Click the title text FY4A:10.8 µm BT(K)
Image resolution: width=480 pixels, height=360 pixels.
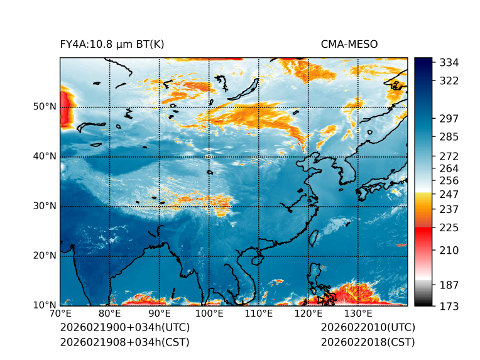(112, 44)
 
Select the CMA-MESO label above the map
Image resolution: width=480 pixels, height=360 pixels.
(349, 44)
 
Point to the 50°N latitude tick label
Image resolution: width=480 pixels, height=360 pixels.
(44, 107)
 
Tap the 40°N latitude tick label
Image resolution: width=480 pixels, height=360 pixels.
(44, 156)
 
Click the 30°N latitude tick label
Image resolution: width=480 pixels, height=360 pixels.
(44, 206)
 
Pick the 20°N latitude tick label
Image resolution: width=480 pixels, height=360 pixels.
(44, 256)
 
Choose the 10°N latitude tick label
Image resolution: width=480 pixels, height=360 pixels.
(44, 305)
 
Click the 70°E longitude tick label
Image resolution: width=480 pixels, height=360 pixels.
(60, 314)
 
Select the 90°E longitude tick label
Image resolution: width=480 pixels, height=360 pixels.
(160, 314)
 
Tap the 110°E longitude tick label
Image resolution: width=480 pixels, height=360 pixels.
(259, 314)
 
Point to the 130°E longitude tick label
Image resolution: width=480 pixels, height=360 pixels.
(358, 314)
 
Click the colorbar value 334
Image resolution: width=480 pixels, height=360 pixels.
(449, 63)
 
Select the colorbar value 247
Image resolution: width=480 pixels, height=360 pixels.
(449, 194)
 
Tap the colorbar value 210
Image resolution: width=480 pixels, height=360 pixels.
(449, 251)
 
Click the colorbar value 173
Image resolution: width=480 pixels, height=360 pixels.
(449, 306)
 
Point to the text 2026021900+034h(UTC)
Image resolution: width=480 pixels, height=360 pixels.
(124, 327)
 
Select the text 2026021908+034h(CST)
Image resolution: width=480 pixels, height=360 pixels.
(124, 342)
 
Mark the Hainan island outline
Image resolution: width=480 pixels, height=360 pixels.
(256, 259)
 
